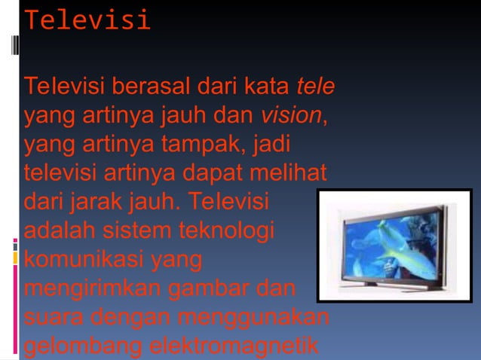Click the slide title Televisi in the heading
click(x=87, y=20)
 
